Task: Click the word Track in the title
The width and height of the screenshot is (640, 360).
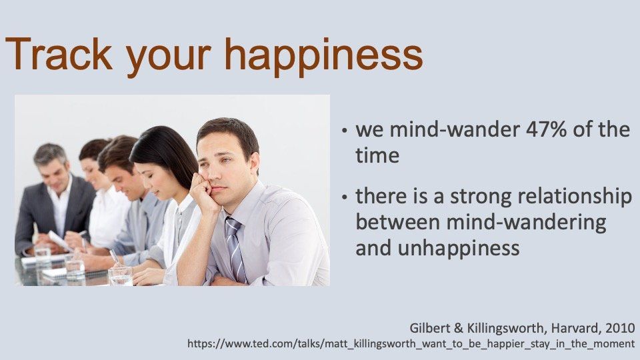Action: (x=59, y=54)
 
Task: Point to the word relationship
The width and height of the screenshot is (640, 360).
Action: (x=575, y=197)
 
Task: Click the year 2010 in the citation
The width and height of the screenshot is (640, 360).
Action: (x=620, y=328)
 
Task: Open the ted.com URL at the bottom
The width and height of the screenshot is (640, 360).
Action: (x=411, y=344)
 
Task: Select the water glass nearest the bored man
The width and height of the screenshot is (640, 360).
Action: (x=121, y=276)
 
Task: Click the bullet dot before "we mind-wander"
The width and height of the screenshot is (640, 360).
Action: (x=345, y=131)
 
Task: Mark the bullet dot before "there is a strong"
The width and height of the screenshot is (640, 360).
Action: (x=345, y=197)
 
